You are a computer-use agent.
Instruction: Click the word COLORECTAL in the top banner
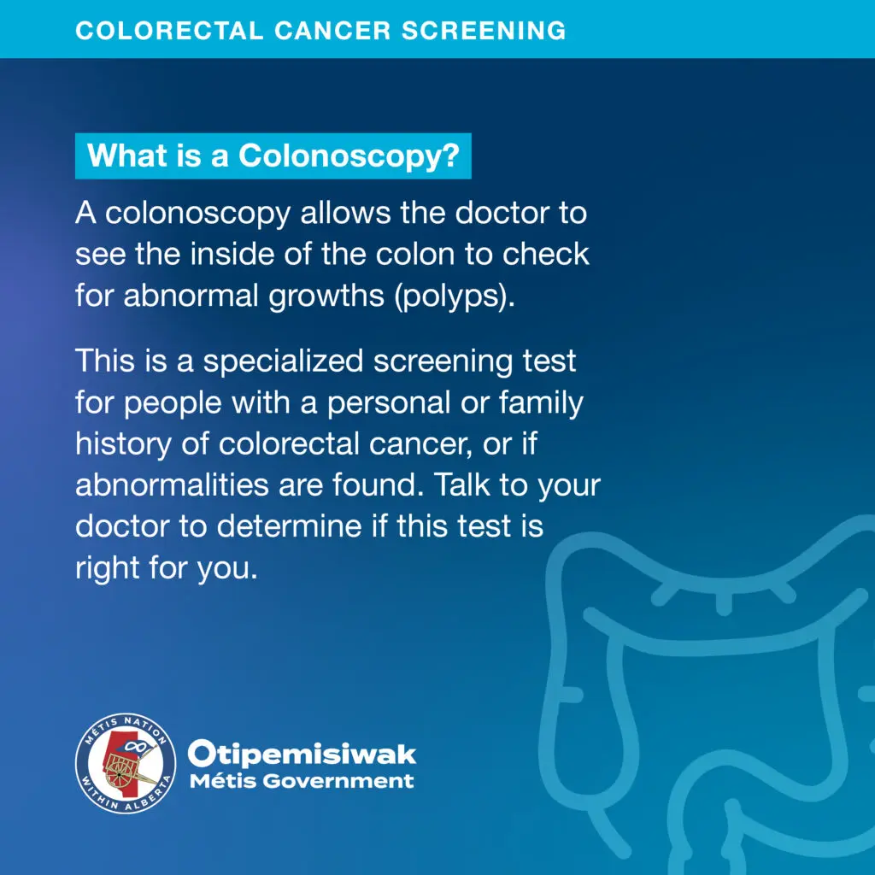pos(169,31)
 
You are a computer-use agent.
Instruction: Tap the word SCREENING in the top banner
pos(484,31)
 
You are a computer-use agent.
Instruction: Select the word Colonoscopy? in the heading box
pos(349,156)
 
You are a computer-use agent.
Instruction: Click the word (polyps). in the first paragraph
pos(455,296)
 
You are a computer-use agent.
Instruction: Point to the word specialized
pos(283,361)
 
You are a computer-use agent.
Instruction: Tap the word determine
pos(289,526)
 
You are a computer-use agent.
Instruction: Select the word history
pos(123,444)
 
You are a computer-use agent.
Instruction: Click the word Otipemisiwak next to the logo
pos(302,754)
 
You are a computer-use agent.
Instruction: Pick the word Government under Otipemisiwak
pos(338,781)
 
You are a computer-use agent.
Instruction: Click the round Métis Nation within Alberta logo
pos(126,763)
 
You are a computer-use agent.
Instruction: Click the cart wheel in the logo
pos(119,772)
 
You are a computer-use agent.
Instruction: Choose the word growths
pos(326,296)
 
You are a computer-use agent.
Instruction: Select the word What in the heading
pos(127,156)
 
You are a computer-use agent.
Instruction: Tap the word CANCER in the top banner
pos(332,31)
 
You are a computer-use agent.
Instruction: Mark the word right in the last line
pos(107,568)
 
